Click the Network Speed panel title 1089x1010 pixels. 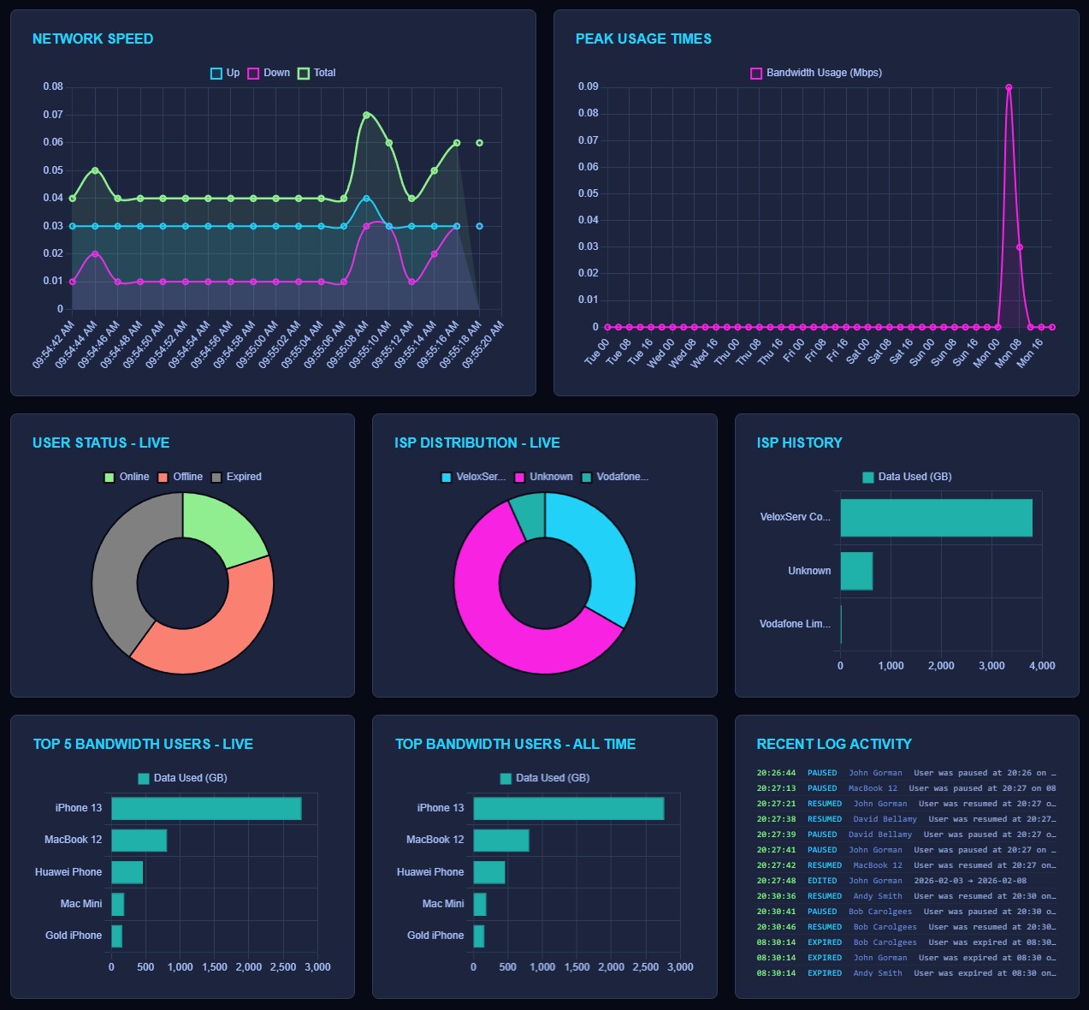(x=92, y=39)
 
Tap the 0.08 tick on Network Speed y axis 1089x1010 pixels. (x=53, y=86)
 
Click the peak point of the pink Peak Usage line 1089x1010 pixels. (x=1009, y=87)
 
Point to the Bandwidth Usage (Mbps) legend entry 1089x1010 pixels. (x=816, y=73)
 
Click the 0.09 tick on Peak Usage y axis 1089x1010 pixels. (x=588, y=86)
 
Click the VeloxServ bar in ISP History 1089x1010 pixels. (x=936, y=518)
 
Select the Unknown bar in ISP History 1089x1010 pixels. (x=856, y=571)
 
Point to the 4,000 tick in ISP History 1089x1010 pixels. (x=1041, y=666)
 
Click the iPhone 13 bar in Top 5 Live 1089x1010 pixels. (x=206, y=809)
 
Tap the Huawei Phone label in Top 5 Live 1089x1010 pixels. (x=68, y=872)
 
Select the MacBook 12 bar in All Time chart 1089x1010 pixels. (x=501, y=841)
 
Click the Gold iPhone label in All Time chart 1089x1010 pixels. (x=435, y=936)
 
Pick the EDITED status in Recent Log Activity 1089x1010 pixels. (x=822, y=881)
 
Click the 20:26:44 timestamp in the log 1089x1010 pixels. (x=776, y=773)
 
